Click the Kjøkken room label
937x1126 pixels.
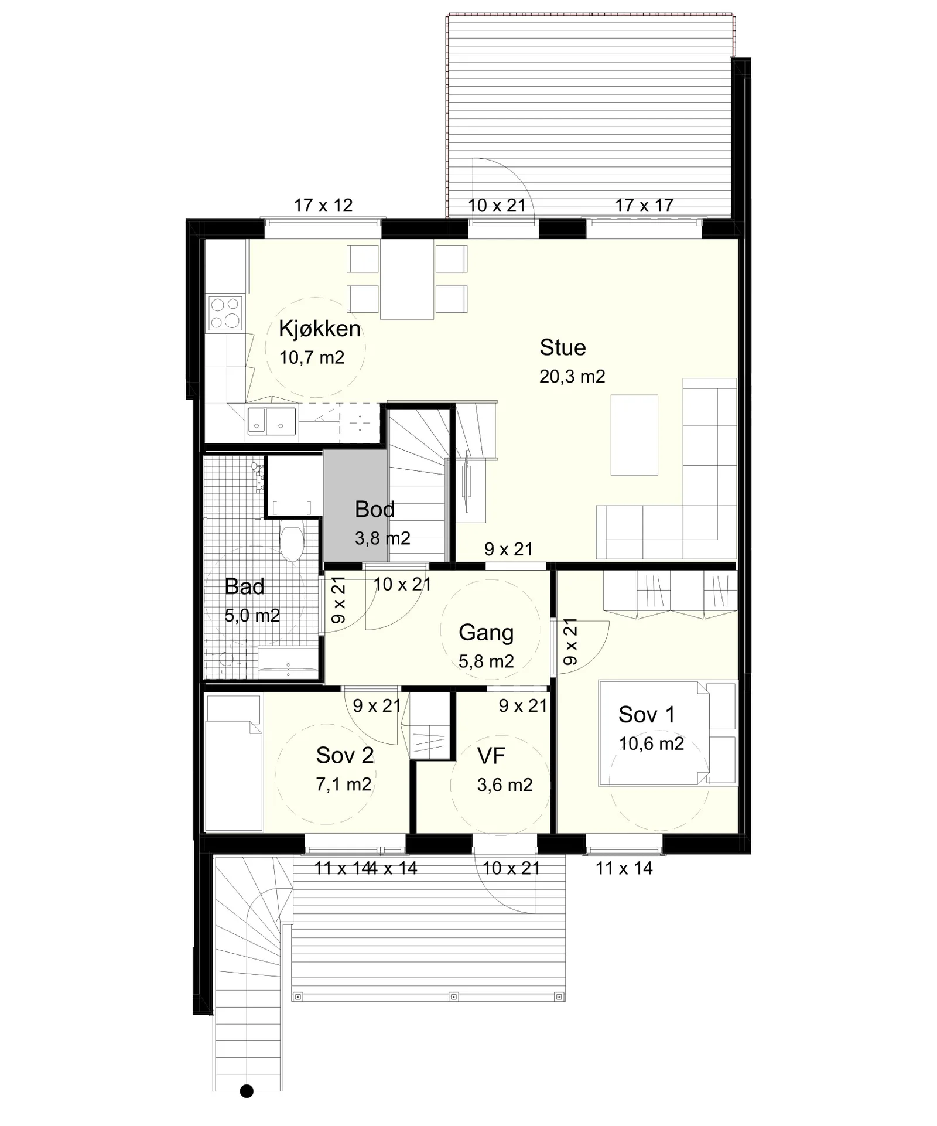click(x=319, y=329)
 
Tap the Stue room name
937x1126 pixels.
click(x=562, y=347)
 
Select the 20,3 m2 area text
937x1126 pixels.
click(x=572, y=376)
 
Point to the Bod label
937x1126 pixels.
click(x=375, y=509)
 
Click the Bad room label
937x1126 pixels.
click(x=244, y=586)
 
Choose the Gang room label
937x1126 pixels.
click(x=486, y=633)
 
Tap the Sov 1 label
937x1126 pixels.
click(x=647, y=714)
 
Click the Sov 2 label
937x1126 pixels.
click(x=344, y=755)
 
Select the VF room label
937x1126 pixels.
click(x=491, y=756)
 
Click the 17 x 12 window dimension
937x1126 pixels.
click(x=323, y=206)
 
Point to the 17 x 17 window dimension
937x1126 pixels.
click(x=644, y=206)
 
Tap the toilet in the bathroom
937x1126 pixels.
click(x=292, y=542)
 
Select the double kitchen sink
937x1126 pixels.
click(x=272, y=421)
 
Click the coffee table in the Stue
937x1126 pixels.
click(x=634, y=435)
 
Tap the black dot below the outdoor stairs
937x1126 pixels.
click(x=247, y=1091)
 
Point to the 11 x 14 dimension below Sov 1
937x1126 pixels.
click(x=624, y=868)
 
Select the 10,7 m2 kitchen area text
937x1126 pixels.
click(x=312, y=357)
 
